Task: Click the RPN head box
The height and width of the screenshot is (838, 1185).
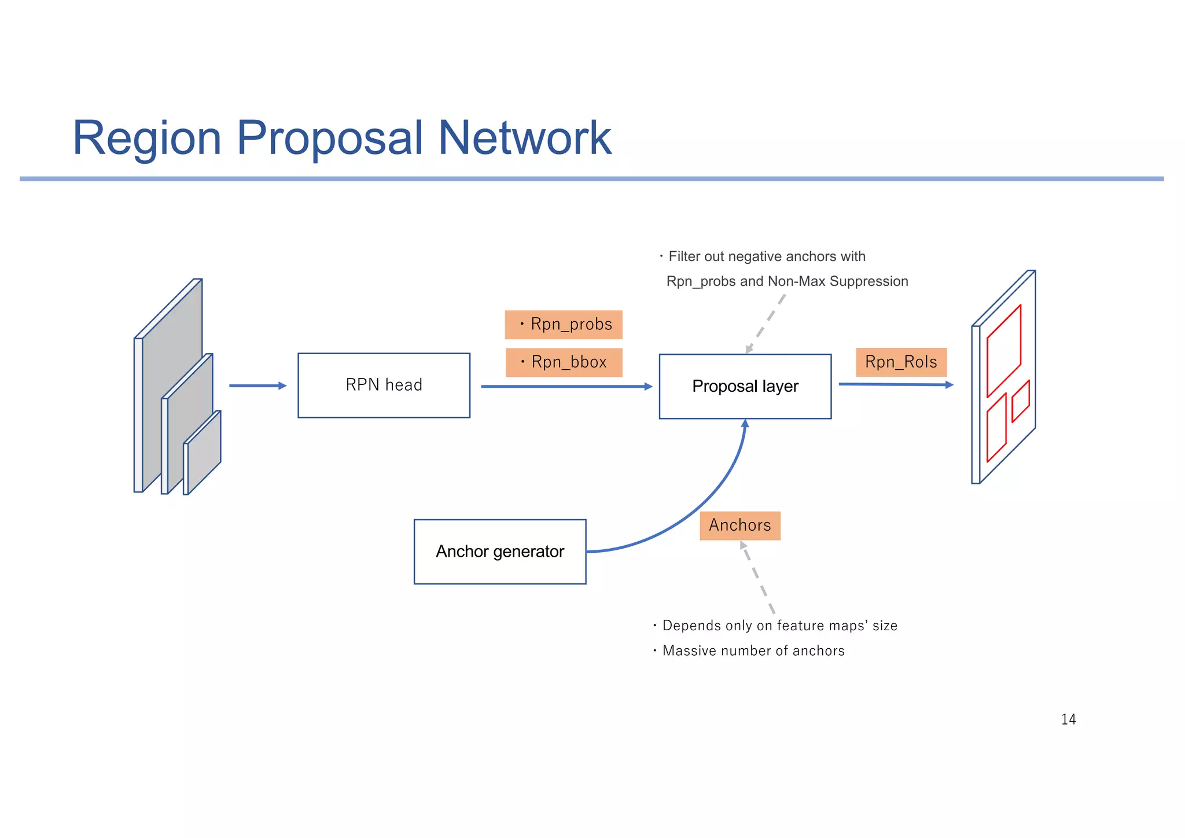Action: pyautogui.click(x=384, y=385)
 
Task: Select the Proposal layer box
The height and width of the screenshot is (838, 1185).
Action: pyautogui.click(x=745, y=387)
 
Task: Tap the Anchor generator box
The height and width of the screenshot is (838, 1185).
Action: pyautogui.click(x=500, y=552)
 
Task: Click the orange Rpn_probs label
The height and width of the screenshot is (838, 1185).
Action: pyautogui.click(x=564, y=325)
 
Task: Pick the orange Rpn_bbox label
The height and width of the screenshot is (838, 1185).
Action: pyautogui.click(x=564, y=363)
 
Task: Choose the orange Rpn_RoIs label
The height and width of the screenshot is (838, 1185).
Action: pyautogui.click(x=901, y=362)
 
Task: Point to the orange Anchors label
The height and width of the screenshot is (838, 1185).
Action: pyautogui.click(x=740, y=525)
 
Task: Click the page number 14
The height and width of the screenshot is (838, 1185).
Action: pyautogui.click(x=1068, y=719)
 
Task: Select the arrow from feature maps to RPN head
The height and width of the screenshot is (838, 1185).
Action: pyautogui.click(x=257, y=385)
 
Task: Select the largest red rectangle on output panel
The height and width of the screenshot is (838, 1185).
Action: pyautogui.click(x=1003, y=350)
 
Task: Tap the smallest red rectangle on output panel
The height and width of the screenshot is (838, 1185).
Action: pyautogui.click(x=1020, y=401)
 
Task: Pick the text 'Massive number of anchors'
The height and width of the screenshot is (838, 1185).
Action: pyautogui.click(x=753, y=651)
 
